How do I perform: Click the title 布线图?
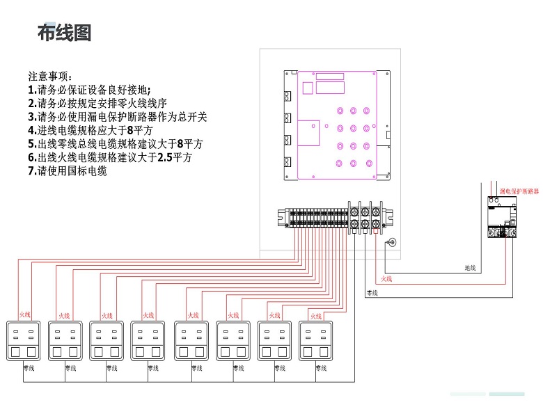[x=64, y=33]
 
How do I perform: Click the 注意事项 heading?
[x=49, y=75]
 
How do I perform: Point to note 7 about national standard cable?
[x=68, y=171]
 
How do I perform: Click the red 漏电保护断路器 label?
[x=519, y=190]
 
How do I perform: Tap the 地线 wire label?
[x=470, y=267]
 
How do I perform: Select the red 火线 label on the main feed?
[x=387, y=279]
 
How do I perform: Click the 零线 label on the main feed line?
[x=372, y=293]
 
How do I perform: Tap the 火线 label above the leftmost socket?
[x=25, y=315]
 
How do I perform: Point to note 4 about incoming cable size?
[x=90, y=130]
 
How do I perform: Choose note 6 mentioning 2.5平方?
[x=110, y=158]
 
